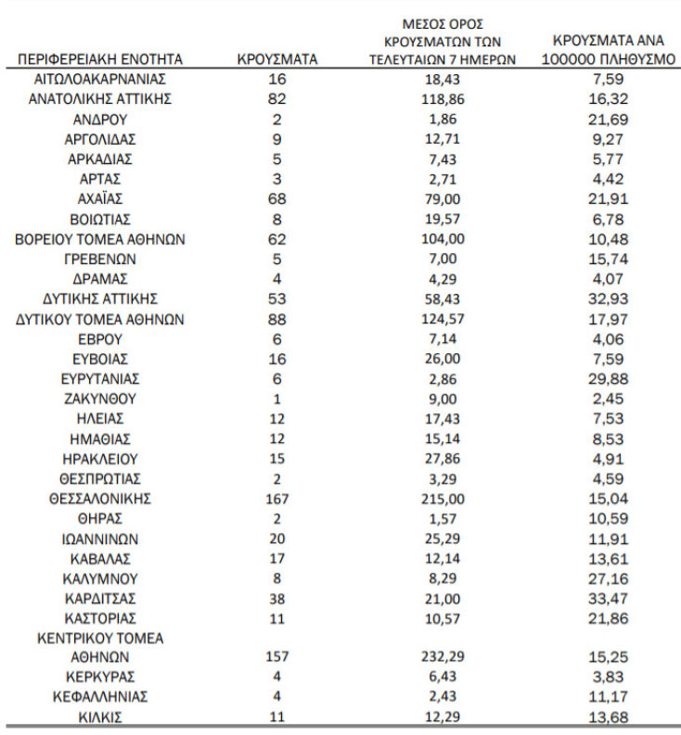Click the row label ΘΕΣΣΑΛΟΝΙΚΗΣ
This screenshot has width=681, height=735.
pos(100,498)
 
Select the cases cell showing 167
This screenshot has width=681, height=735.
pos(277,498)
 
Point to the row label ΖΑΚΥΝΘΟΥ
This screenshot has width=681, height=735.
pos(100,399)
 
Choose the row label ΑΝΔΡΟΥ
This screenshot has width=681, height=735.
pos(100,119)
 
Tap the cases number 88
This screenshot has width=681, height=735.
pos(277,320)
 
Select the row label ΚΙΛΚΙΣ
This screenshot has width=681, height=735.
pos(100,717)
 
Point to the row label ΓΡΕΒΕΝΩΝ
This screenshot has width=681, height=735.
pos(100,259)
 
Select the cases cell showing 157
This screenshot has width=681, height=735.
pos(277,657)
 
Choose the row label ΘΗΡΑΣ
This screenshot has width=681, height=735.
pos(100,518)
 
